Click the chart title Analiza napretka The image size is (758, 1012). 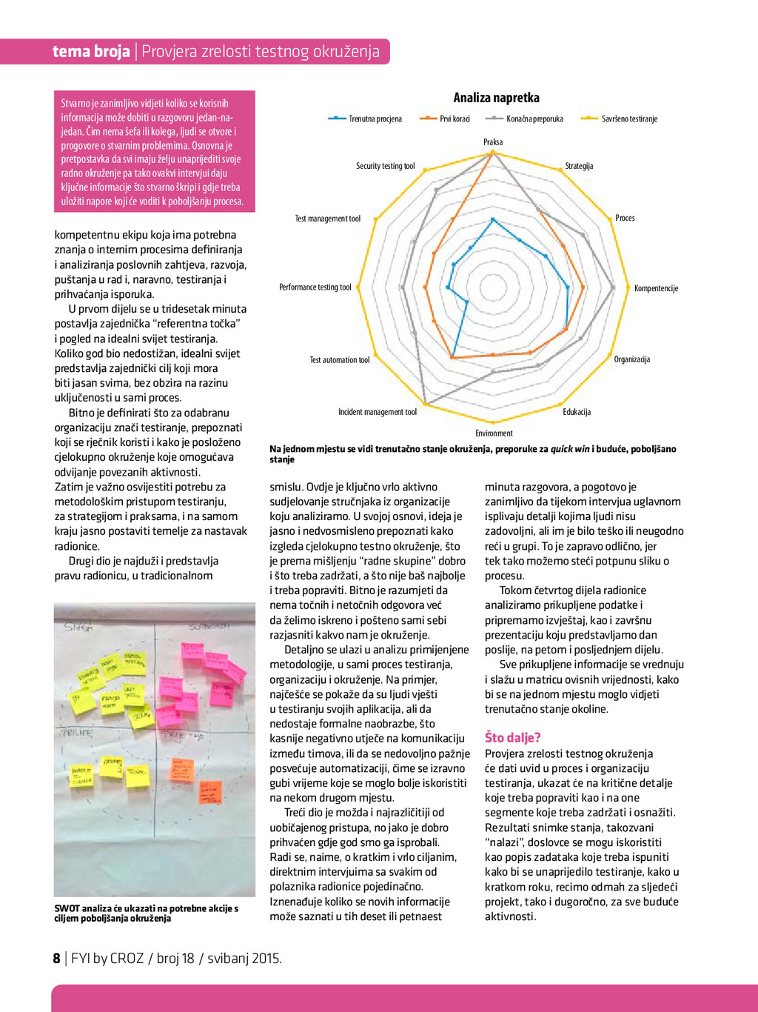coord(496,98)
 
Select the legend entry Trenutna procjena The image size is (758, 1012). coord(375,119)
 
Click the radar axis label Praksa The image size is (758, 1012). coord(493,142)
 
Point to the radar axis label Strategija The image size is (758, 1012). coord(579,166)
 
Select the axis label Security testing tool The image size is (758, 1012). coord(385,166)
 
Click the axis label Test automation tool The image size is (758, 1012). coord(339,360)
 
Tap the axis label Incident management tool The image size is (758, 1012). coord(378,412)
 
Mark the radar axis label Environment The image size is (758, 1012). coord(494,433)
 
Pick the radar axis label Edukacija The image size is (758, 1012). coord(577,412)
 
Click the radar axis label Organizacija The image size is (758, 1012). coord(632,359)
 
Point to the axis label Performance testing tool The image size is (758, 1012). coord(315,287)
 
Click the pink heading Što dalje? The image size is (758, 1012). coord(513,737)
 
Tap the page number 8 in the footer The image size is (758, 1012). coord(56,959)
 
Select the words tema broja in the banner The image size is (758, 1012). coord(91,51)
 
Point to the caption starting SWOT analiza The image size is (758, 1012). coord(146,913)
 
